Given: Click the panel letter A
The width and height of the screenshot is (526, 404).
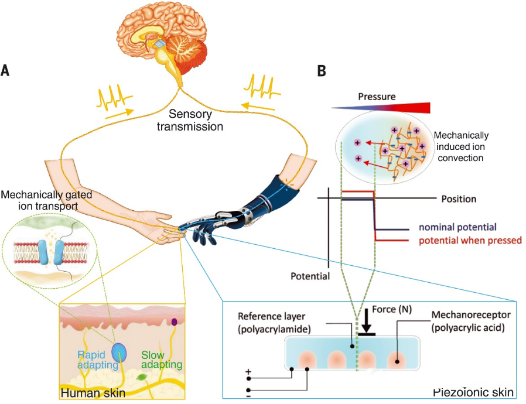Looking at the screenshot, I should click(5, 71).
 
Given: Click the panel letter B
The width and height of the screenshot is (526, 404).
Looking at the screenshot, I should click(321, 71).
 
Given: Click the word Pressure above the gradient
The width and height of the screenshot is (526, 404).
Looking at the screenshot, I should click(375, 96).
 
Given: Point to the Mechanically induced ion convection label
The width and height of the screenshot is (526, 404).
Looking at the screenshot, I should click(459, 146).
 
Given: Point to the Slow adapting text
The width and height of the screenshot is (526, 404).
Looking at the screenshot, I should click(160, 360).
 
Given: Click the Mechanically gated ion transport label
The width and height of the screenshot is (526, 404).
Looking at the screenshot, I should click(47, 200).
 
